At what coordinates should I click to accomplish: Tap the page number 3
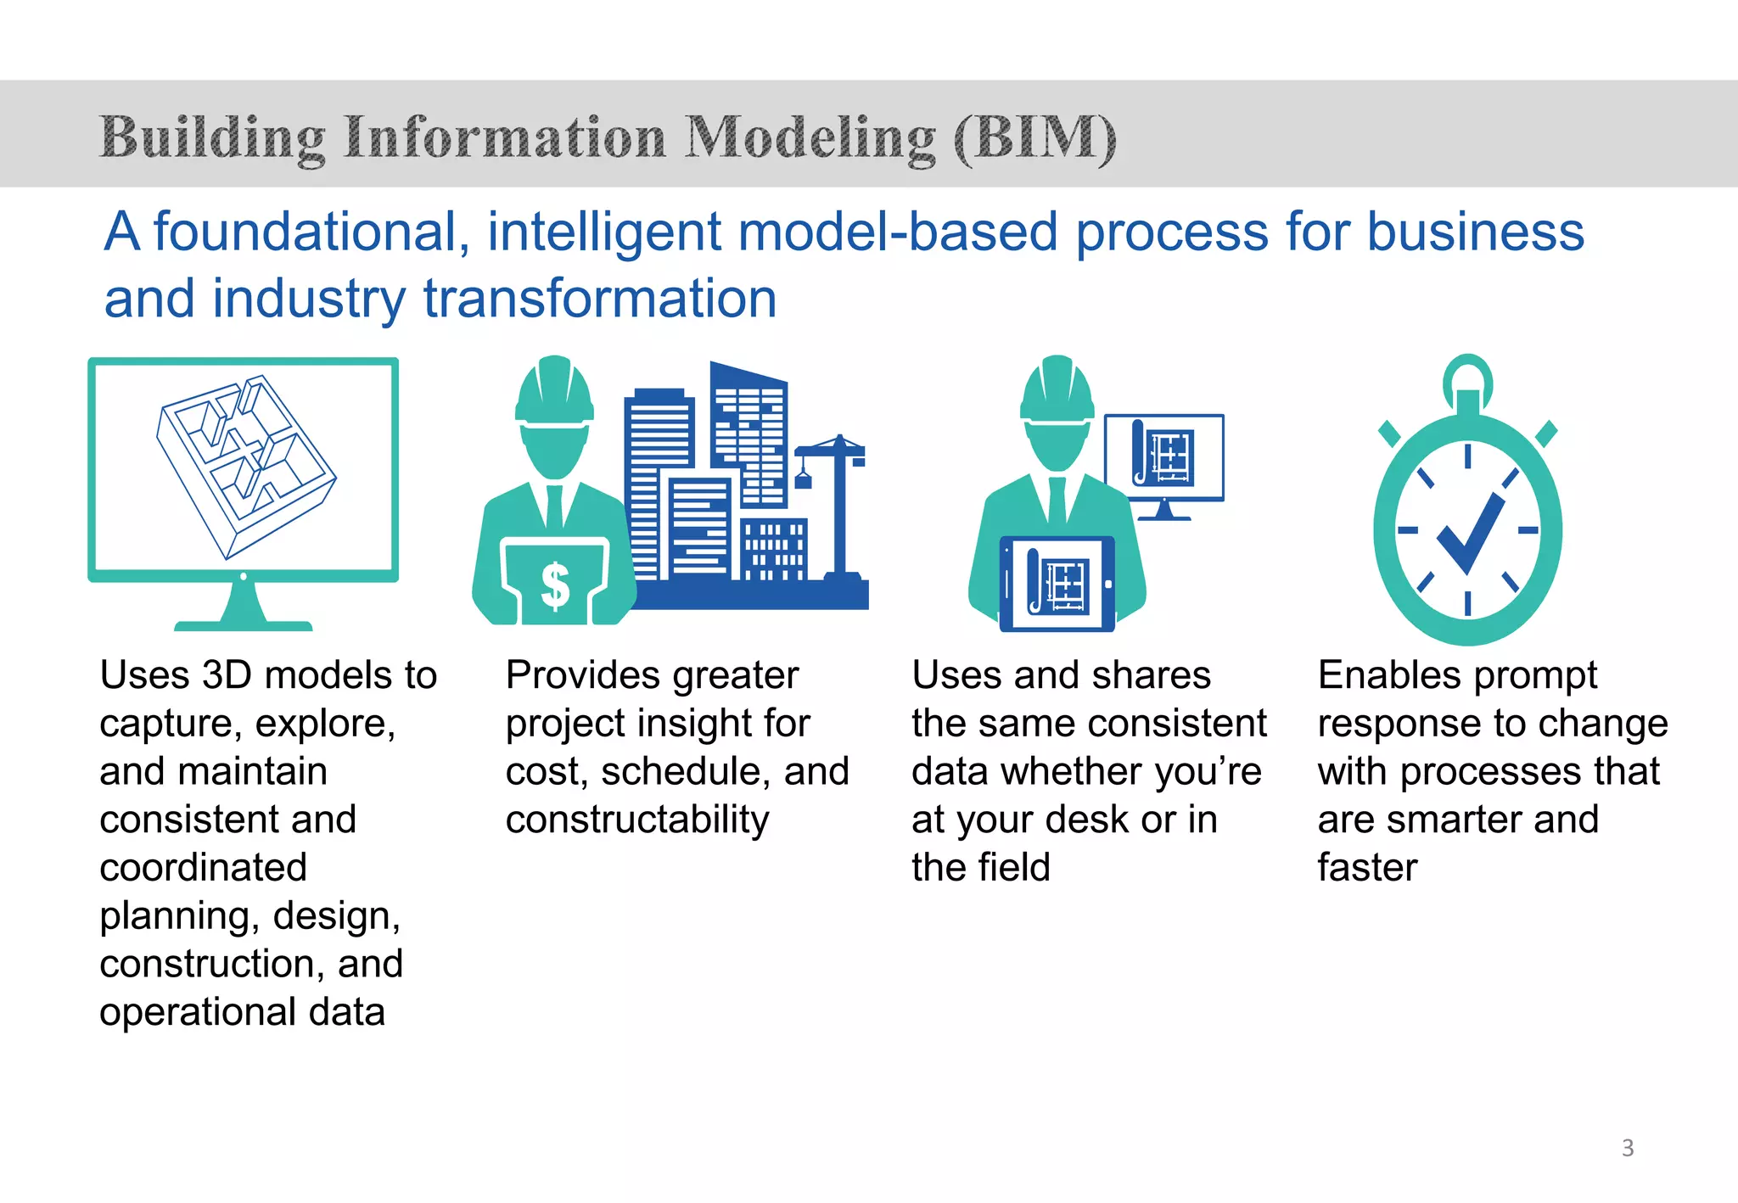pyautogui.click(x=1627, y=1147)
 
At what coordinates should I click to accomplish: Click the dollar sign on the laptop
pyautogui.click(x=555, y=585)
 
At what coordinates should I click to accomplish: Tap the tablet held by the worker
pyautogui.click(x=1057, y=584)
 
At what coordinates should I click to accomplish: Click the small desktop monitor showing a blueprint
pyautogui.click(x=1164, y=459)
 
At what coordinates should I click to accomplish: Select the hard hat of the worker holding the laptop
pyautogui.click(x=554, y=390)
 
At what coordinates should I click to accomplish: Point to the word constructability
pyautogui.click(x=636, y=820)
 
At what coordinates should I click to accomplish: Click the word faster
pyautogui.click(x=1367, y=868)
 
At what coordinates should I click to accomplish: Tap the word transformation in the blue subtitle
pyautogui.click(x=599, y=299)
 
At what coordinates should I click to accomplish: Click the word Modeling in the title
pyautogui.click(x=810, y=137)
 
